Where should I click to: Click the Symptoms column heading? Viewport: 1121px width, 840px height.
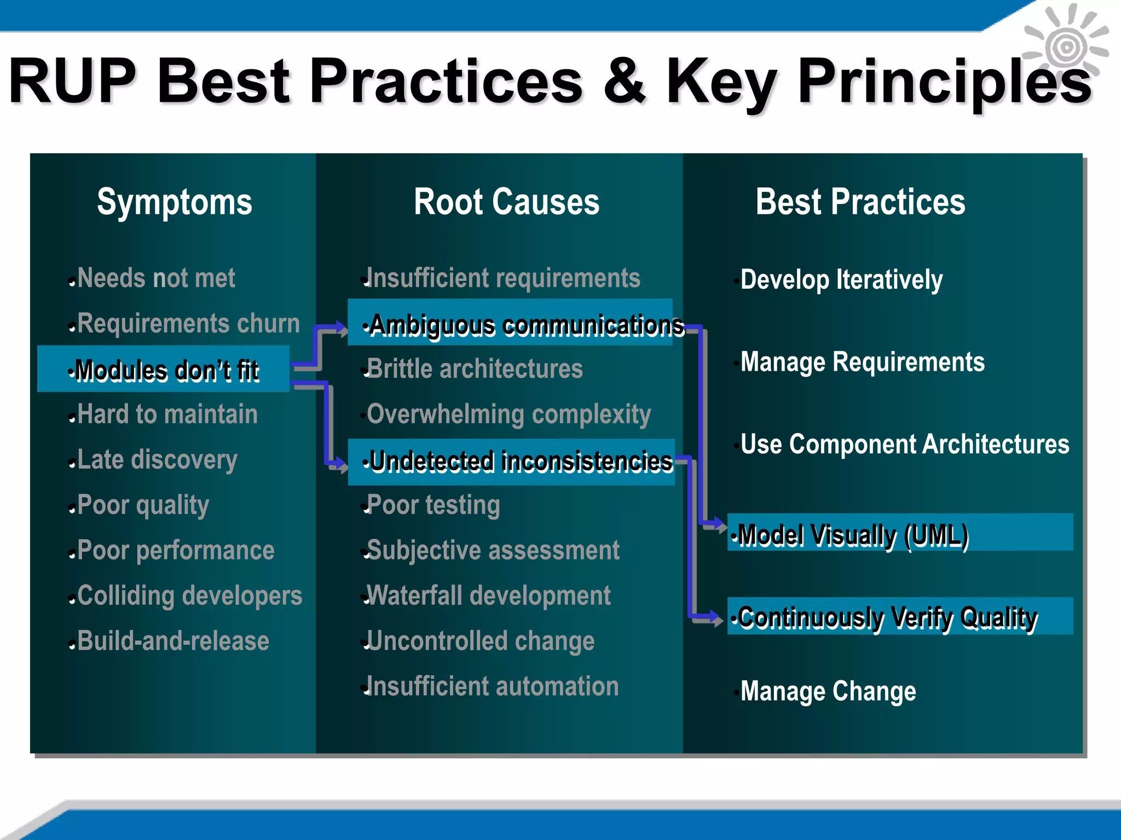pos(174,202)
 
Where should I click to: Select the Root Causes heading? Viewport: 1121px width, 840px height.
pos(506,202)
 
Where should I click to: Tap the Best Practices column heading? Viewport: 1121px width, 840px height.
pos(860,202)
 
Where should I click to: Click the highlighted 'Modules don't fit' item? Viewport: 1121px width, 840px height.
pos(163,369)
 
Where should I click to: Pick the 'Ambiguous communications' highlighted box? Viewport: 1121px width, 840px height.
pos(510,323)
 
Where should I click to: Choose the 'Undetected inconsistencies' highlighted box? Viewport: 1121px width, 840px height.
pos(511,462)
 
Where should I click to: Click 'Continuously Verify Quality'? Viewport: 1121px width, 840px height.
pos(899,616)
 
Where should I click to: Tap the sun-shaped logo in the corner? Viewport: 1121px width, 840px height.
pos(1066,47)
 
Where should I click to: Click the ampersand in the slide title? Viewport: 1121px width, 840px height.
pos(624,81)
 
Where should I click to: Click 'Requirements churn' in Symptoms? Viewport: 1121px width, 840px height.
pos(188,323)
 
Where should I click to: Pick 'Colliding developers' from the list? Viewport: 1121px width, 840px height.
pos(189,596)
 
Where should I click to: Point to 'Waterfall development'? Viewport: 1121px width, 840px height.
pos(488,596)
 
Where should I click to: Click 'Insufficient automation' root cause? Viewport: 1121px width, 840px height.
pos(492,686)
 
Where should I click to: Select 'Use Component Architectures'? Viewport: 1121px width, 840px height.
pos(904,444)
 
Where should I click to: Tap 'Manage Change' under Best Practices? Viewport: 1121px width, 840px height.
pos(828,691)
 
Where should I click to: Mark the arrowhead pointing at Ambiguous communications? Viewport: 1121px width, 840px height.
pos(342,329)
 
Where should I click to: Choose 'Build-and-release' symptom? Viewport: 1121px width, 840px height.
pos(173,641)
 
